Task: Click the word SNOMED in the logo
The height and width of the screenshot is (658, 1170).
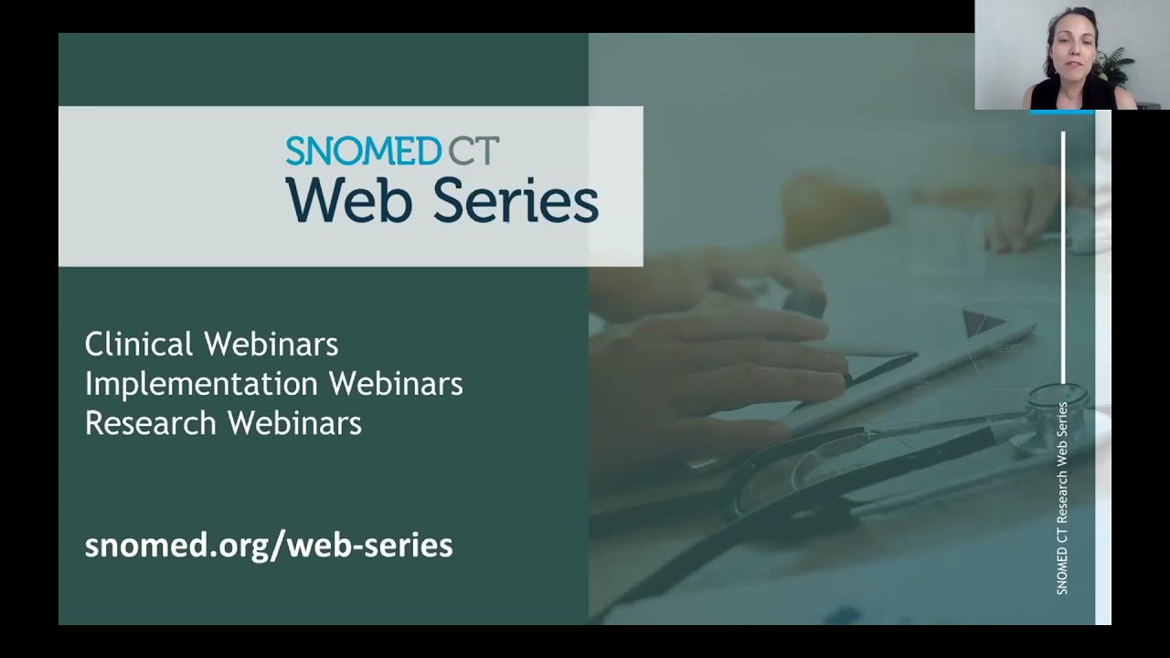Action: (364, 151)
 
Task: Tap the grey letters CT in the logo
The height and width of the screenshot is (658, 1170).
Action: (473, 151)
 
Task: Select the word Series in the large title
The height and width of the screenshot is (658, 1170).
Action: (516, 199)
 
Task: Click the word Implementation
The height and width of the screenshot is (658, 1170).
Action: (202, 385)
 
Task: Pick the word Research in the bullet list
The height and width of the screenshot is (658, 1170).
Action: (151, 423)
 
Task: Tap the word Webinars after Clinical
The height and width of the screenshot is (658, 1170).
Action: (271, 345)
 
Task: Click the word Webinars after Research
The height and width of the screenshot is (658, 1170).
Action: (294, 423)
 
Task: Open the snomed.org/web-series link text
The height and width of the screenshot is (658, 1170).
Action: (269, 546)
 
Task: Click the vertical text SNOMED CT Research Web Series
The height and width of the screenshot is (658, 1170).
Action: (1062, 498)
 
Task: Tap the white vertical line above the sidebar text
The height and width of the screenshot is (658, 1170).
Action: (1063, 258)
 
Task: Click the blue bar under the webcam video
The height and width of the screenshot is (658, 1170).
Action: (1062, 111)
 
